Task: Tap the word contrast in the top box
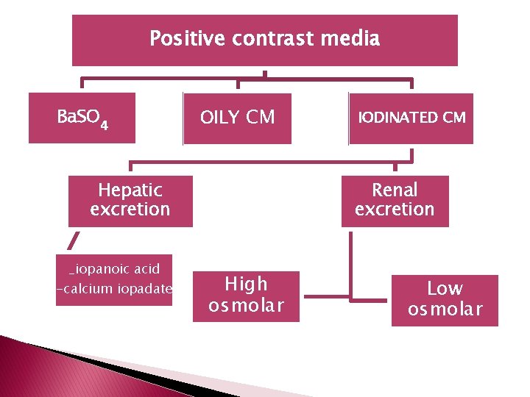pos(274,39)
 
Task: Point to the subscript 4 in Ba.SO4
pos(105,125)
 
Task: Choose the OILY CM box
pos(237,118)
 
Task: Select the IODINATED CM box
pos(411,118)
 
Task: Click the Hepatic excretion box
pos(130,201)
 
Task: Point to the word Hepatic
pos(130,190)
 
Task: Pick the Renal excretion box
pos(395,201)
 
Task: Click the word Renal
pos(395,190)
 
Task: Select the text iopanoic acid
pos(115,269)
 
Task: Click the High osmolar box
pos(247,296)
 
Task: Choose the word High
pos(247,284)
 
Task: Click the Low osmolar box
pos(445,300)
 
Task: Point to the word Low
pos(445,289)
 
